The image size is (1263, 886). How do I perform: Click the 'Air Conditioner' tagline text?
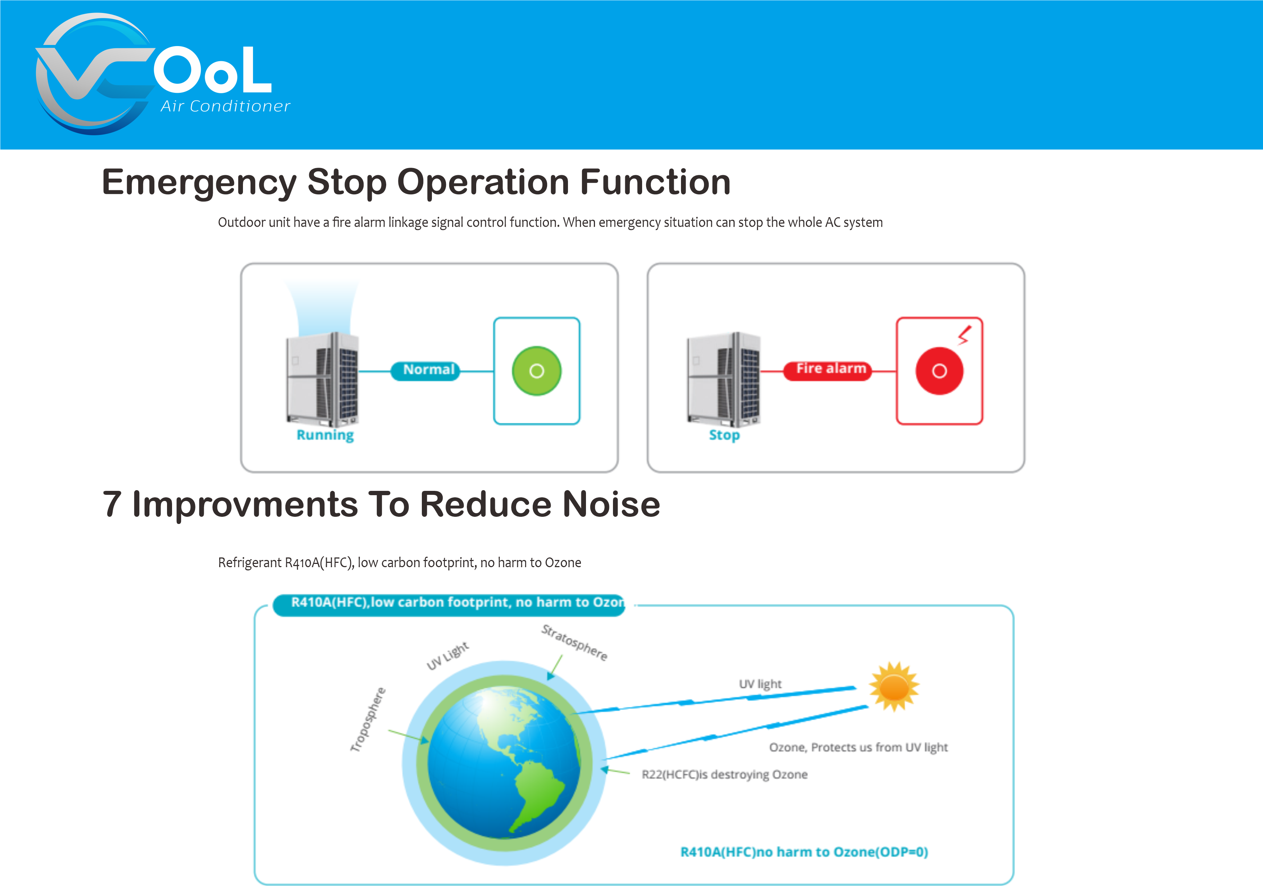(x=225, y=106)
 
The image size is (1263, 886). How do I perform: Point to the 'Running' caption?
(x=325, y=435)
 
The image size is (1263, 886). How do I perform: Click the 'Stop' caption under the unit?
(x=724, y=435)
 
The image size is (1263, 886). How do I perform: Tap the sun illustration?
(x=894, y=686)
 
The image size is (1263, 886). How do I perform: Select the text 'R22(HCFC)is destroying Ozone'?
(x=725, y=775)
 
